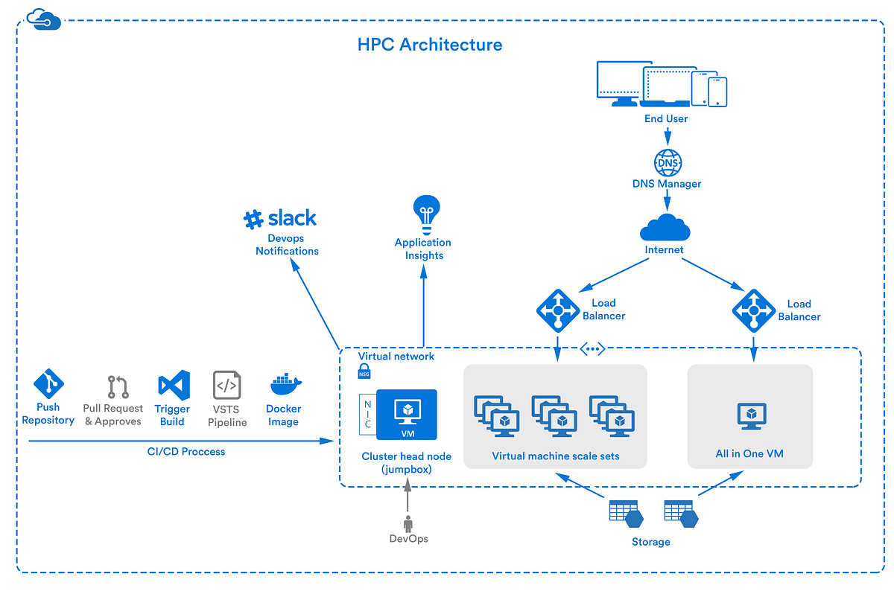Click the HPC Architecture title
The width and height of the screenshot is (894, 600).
[x=430, y=45]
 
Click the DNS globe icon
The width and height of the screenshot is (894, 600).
[x=667, y=162]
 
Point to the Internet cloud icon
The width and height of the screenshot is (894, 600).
[x=664, y=226]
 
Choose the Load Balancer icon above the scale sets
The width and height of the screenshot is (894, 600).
[x=558, y=309]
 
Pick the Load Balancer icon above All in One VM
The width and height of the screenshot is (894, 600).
[x=754, y=310]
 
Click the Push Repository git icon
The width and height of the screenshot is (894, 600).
[x=48, y=385]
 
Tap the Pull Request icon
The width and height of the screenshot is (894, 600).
[x=118, y=387]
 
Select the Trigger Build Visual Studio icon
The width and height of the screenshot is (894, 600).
[x=174, y=386]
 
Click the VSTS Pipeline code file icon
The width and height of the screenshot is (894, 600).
[x=226, y=386]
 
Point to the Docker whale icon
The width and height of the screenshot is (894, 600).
[x=285, y=385]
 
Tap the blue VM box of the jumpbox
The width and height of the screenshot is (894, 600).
[x=407, y=415]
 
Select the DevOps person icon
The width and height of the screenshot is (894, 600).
[x=408, y=523]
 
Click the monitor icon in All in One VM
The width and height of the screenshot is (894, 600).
[x=751, y=416]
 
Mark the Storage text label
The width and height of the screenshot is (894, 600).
[x=650, y=542]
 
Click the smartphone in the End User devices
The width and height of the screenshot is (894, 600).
[x=717, y=92]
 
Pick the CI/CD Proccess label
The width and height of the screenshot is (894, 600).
[x=186, y=451]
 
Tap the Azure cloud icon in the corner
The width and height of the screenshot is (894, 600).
[x=43, y=19]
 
